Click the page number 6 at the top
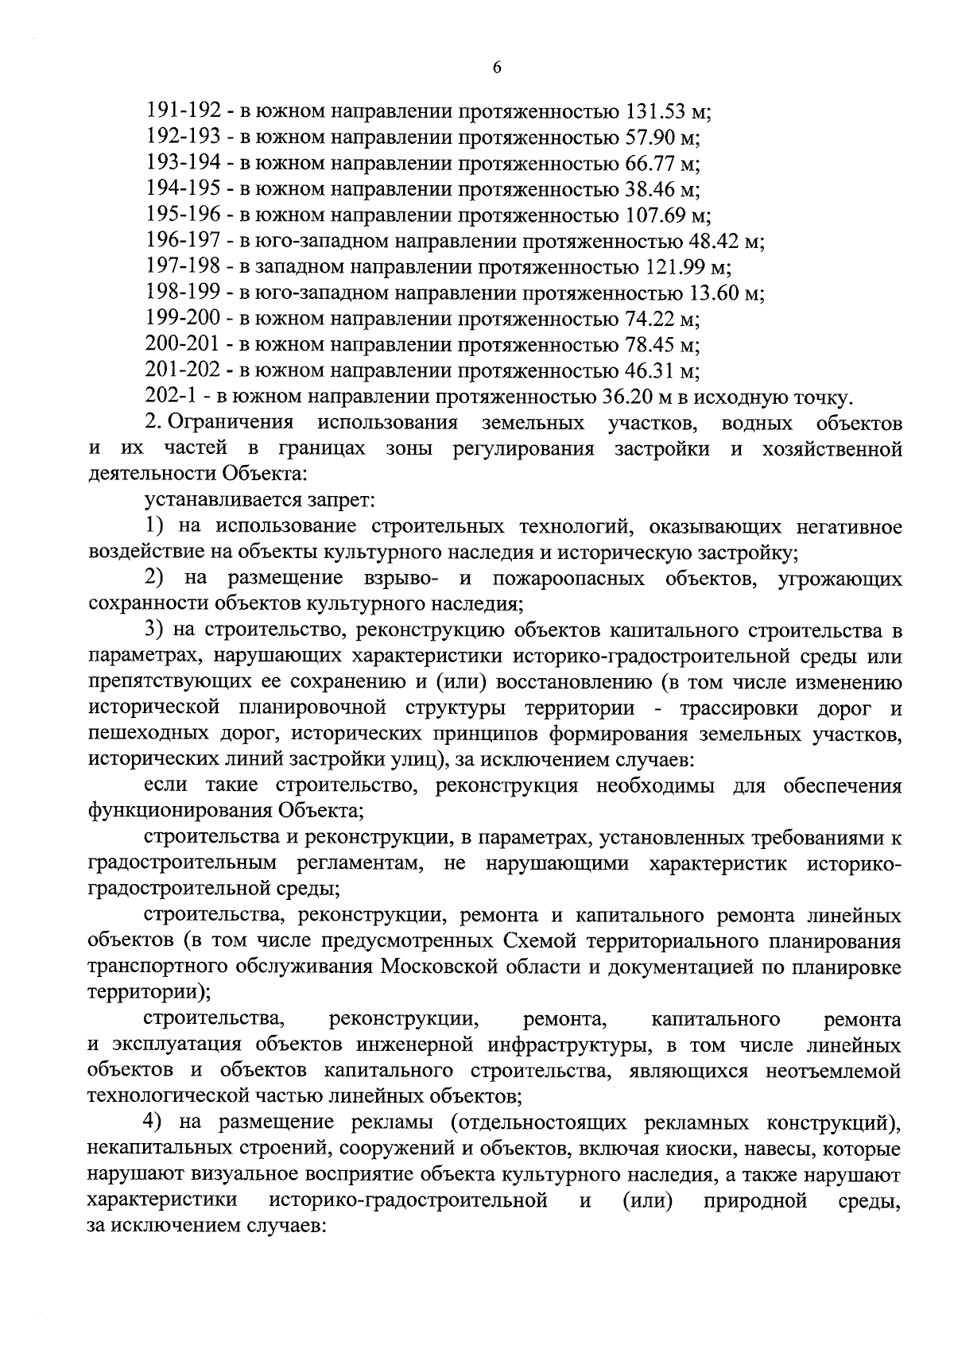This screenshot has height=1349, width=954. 497,68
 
